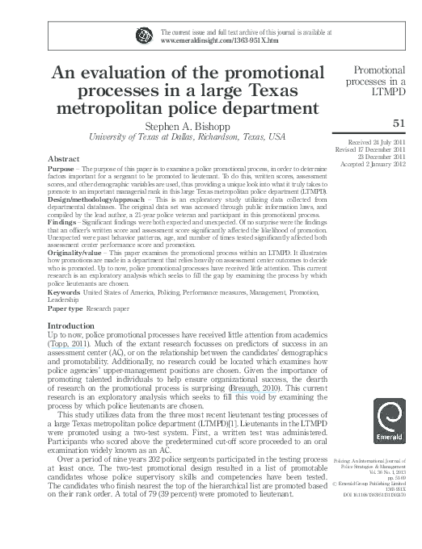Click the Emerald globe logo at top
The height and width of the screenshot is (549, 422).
[x=145, y=34]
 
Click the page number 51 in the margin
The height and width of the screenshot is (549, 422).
[x=397, y=123]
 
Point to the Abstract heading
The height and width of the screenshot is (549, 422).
[x=64, y=158]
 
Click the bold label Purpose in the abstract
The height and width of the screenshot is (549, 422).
[x=64, y=169]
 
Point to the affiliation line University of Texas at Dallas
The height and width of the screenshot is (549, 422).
[x=186, y=138]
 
